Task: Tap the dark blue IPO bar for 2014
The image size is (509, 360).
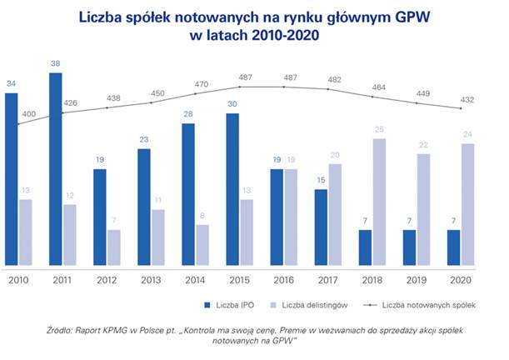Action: click(189, 194)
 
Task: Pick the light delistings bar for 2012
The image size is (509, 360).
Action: click(114, 247)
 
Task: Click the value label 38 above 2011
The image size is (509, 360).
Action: click(56, 63)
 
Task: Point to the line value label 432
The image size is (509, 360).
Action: click(468, 99)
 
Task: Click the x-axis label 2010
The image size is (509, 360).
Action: click(18, 280)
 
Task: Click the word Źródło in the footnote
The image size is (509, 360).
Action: click(63, 332)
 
